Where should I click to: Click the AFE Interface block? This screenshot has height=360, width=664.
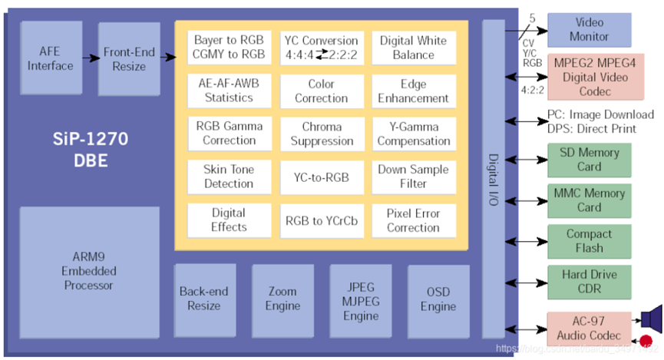click(x=51, y=58)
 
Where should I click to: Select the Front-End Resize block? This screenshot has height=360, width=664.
click(x=129, y=59)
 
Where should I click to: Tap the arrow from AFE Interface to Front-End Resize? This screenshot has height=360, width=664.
click(x=91, y=58)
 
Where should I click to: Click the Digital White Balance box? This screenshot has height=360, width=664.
click(x=414, y=48)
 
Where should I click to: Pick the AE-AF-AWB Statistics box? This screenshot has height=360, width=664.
click(x=229, y=91)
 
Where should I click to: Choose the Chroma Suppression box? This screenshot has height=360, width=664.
click(x=322, y=134)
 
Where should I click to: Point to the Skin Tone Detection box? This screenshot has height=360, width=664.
click(x=229, y=177)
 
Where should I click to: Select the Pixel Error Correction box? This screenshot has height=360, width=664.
click(x=414, y=220)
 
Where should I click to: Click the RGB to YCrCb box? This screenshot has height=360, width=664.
click(x=322, y=220)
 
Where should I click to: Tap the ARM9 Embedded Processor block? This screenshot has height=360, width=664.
click(x=89, y=272)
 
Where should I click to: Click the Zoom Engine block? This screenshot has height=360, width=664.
click(x=283, y=301)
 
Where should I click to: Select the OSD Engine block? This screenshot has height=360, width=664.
click(x=438, y=301)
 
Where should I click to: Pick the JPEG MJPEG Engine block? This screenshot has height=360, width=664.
click(x=361, y=301)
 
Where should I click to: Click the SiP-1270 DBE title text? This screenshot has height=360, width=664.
click(x=91, y=150)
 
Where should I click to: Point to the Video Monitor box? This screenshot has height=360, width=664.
click(x=589, y=30)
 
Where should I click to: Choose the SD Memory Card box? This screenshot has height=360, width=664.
click(x=589, y=160)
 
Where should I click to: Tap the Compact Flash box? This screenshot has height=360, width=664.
click(x=589, y=242)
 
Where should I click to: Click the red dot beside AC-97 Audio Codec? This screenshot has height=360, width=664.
click(x=646, y=341)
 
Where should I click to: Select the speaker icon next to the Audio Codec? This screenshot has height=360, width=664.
click(x=651, y=318)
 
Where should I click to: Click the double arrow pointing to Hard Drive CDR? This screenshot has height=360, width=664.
click(x=527, y=282)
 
